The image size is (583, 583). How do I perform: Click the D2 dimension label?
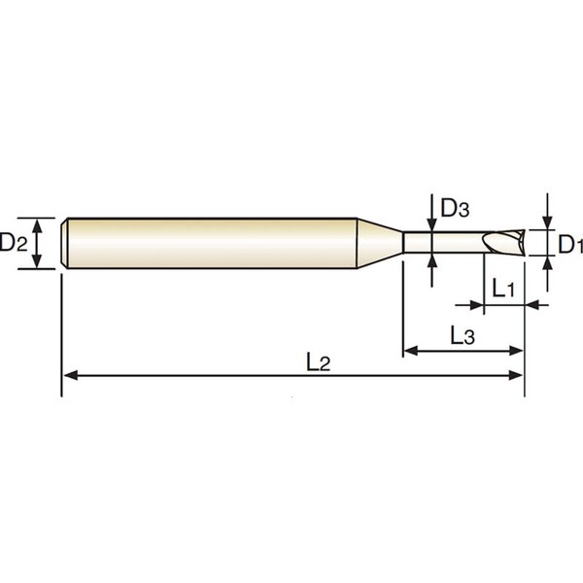tap(14, 242)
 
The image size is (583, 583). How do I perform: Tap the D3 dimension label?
tap(455, 208)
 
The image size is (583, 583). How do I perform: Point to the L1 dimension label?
tap(503, 289)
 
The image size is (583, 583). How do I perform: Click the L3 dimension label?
tap(463, 335)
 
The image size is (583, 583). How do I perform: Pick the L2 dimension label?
tap(319, 362)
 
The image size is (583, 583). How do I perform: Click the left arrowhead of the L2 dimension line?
tap(71, 375)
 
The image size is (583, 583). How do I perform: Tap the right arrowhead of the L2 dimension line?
tap(516, 375)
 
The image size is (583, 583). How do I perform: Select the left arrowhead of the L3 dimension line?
tap(411, 350)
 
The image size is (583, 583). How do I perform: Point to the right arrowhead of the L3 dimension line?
tap(516, 350)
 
